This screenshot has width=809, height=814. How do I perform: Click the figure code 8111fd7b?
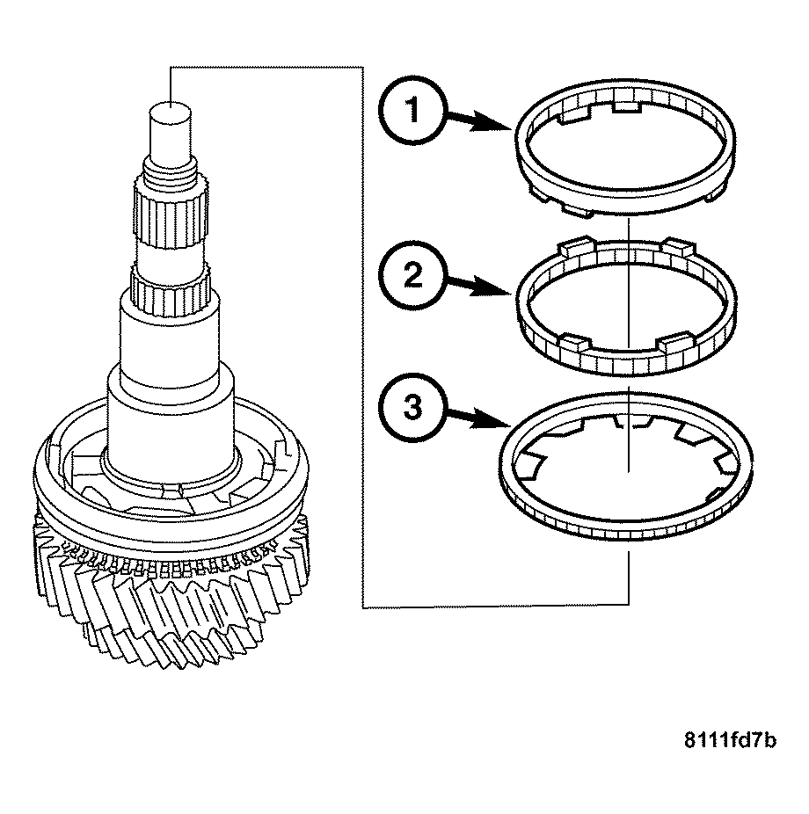[x=731, y=740]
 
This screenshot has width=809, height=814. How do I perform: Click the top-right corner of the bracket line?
[x=363, y=65]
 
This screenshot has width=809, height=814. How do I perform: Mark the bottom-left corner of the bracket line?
[x=363, y=606]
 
